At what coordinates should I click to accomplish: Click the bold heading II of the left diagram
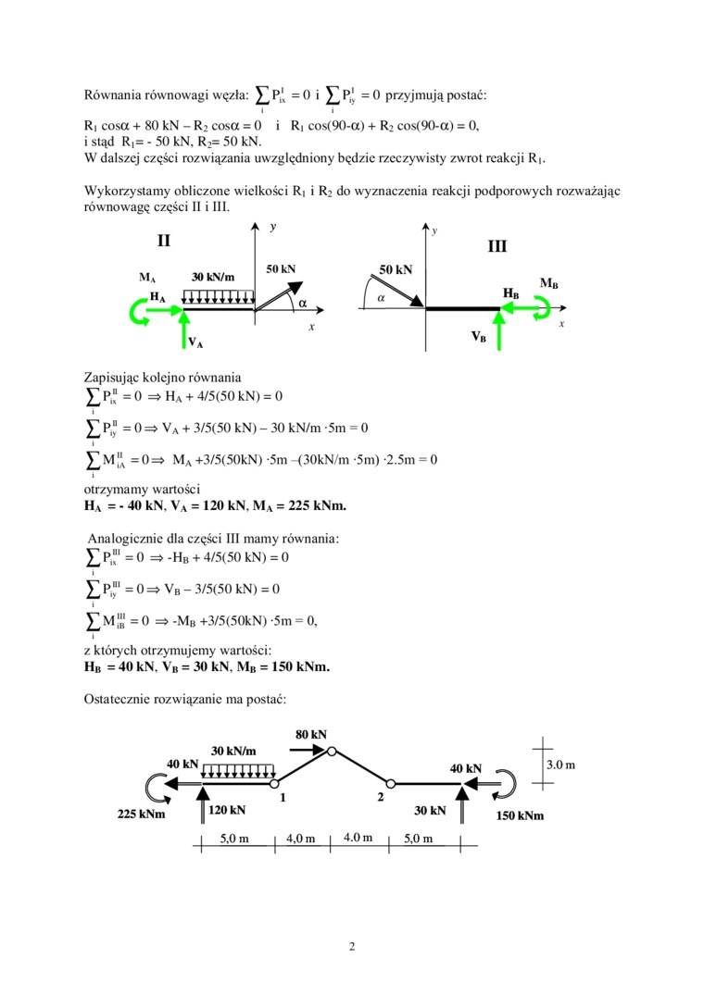click(x=164, y=241)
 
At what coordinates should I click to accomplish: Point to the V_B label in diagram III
click(x=478, y=337)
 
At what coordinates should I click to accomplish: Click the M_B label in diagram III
click(x=548, y=283)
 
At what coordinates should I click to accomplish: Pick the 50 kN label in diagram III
click(x=396, y=269)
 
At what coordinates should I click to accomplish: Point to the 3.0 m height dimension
click(x=560, y=765)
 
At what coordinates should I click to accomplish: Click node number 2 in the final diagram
click(x=381, y=797)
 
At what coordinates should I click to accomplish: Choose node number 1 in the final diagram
click(x=282, y=797)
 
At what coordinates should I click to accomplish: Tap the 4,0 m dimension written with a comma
click(x=300, y=840)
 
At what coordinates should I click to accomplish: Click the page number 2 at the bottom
click(x=352, y=946)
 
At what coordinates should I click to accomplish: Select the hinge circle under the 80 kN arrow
click(x=333, y=752)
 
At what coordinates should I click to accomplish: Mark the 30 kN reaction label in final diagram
click(x=430, y=810)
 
